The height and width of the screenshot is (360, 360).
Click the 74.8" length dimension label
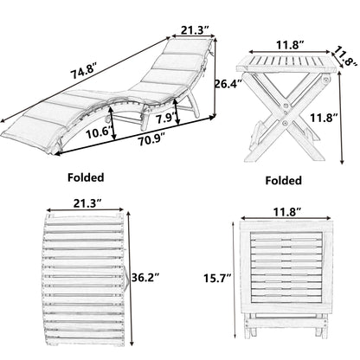click(x=84, y=71)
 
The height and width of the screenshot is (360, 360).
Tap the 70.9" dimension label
click(x=151, y=140)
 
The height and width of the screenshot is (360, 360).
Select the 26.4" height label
click(x=228, y=84)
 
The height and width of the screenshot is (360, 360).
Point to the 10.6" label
click(x=98, y=133)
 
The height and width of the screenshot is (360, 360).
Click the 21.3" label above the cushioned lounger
click(x=195, y=30)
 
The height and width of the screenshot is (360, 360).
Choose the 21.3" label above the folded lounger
click(x=87, y=203)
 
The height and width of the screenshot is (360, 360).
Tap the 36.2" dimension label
click(x=145, y=278)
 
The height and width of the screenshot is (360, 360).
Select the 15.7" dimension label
click(x=217, y=278)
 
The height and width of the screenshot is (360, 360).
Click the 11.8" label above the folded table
click(x=287, y=213)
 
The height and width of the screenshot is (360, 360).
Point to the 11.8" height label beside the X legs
click(x=324, y=118)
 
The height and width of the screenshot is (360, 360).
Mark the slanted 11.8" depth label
click(x=345, y=57)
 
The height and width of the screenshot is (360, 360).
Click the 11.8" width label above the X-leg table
click(x=291, y=45)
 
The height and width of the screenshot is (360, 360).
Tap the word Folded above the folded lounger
click(x=86, y=177)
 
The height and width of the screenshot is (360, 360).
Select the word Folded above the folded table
click(x=284, y=181)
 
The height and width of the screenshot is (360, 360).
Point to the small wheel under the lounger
click(x=106, y=119)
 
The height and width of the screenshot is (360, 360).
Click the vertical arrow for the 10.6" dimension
click(x=112, y=123)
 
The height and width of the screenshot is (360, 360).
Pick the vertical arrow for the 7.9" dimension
click(x=177, y=112)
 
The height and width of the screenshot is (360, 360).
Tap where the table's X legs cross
click(x=286, y=114)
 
